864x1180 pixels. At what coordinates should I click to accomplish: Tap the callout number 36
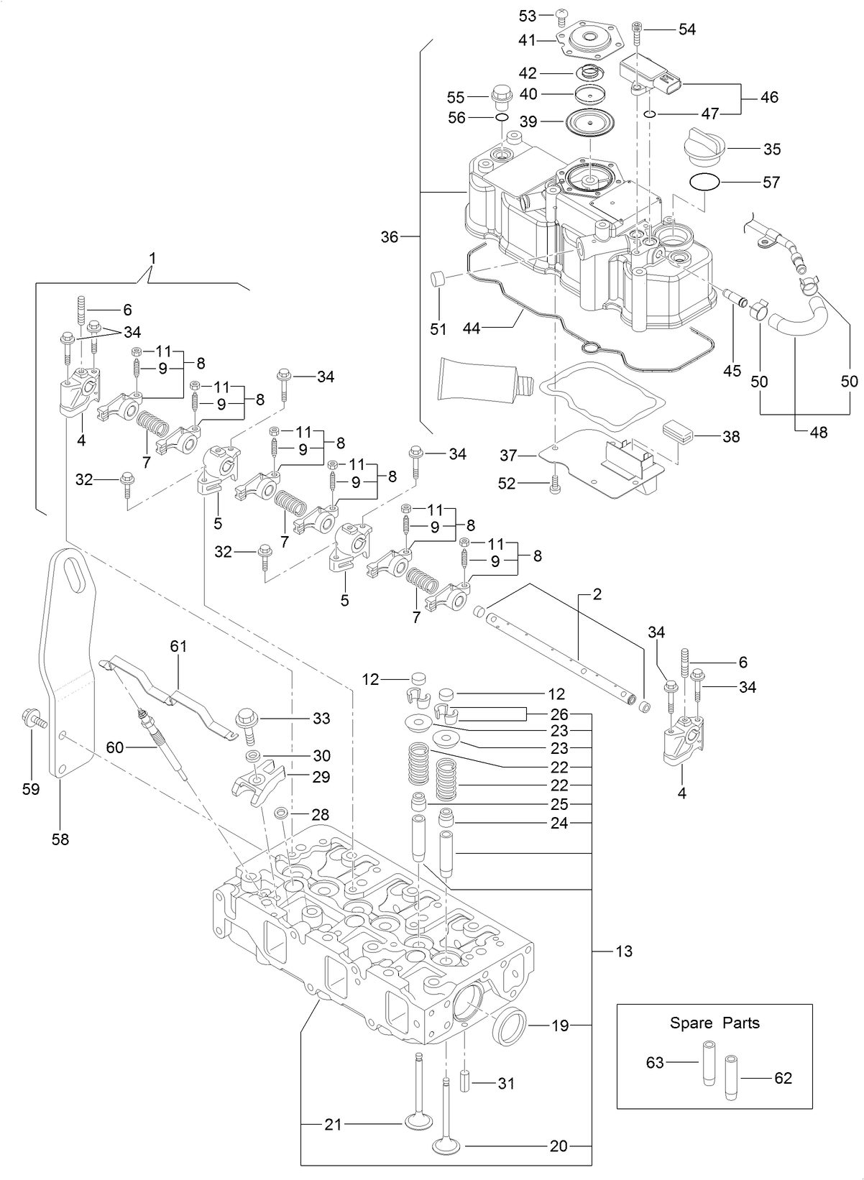389,236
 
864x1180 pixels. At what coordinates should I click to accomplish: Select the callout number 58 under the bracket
60,839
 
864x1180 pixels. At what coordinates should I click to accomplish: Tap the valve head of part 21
418,1120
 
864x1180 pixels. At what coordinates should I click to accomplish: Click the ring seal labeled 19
510,1026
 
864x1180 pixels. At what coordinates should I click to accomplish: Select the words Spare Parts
714,1023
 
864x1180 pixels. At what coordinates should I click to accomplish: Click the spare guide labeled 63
708,1062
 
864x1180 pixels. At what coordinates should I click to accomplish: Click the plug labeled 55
501,95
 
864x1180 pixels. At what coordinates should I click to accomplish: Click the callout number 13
624,951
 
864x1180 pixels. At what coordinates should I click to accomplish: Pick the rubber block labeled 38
676,432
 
